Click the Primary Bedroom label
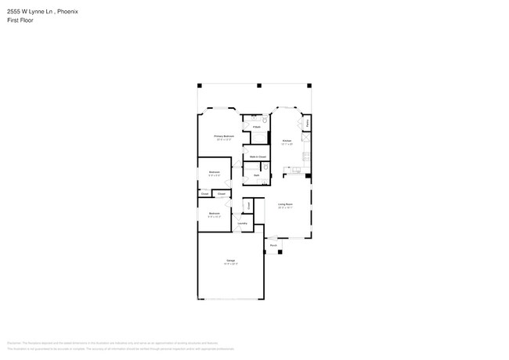225,136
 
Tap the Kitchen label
287,141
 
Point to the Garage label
231,260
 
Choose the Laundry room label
243,223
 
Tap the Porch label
273,245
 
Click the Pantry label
308,123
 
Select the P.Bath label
256,126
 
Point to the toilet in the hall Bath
266,167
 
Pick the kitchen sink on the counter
298,167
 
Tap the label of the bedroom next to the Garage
214,214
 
